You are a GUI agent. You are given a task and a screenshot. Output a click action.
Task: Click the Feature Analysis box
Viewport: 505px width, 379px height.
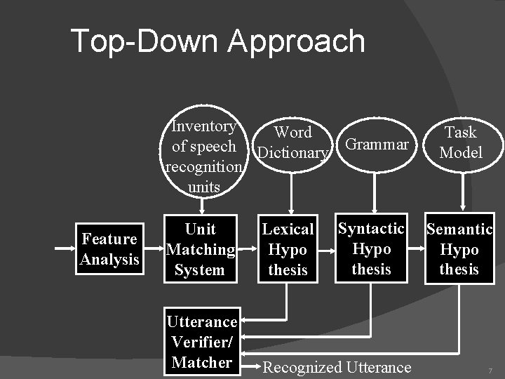pos(109,249)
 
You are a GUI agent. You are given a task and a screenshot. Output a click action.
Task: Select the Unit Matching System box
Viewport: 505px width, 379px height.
pos(200,249)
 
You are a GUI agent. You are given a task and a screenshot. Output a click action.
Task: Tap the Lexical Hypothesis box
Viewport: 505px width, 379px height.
pos(288,249)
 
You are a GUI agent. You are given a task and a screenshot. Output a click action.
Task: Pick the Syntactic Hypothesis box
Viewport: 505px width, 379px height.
pos(371,248)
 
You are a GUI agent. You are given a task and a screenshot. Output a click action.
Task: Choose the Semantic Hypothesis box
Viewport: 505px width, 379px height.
pos(459,249)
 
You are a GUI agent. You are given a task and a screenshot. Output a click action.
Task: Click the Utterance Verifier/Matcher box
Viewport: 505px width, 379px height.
pos(202,342)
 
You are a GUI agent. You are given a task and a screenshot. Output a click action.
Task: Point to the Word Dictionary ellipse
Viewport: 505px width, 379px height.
pos(292,142)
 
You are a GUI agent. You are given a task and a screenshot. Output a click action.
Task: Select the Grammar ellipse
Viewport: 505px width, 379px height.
pos(377,145)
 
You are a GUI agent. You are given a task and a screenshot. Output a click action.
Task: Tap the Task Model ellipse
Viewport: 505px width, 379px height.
pos(460,142)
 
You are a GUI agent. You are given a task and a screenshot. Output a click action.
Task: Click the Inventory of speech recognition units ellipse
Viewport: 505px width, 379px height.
pos(203,156)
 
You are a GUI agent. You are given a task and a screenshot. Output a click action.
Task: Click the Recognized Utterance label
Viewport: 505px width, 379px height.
pos(337,367)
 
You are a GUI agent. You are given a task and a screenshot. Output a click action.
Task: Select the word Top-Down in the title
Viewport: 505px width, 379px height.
pos(145,41)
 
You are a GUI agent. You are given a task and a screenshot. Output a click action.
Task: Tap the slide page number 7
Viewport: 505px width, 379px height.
pos(490,370)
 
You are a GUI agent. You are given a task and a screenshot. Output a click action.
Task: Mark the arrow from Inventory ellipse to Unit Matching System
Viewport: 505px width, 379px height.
pos(203,206)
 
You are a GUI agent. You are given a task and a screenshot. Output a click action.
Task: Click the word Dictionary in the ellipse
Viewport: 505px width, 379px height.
pos(292,152)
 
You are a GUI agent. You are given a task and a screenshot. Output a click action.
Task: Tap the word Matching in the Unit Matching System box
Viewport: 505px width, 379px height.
pos(200,249)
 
